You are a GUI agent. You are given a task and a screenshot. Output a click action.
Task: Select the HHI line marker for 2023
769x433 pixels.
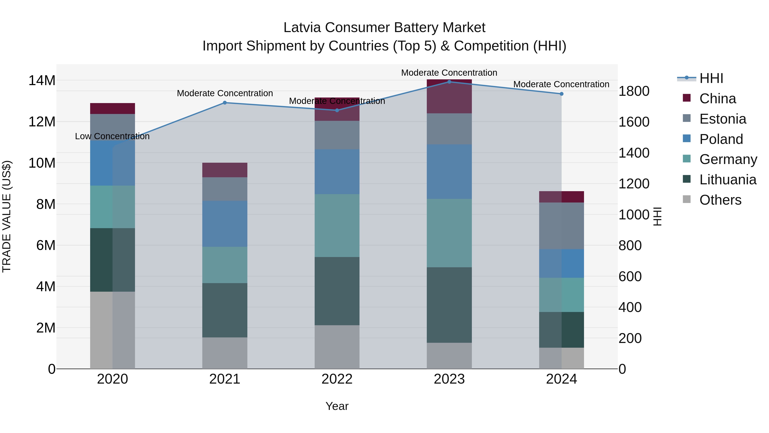point(449,82)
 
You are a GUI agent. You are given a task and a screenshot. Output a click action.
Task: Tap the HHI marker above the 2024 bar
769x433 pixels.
point(562,94)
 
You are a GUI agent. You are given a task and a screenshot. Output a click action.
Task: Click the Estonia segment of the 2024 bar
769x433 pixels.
point(562,226)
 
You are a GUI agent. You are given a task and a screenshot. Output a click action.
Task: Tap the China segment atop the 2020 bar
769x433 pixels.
point(113,108)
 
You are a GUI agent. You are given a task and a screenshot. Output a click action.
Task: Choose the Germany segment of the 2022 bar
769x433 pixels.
point(337,225)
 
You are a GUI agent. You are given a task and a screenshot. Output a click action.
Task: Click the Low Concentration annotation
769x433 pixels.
point(112,136)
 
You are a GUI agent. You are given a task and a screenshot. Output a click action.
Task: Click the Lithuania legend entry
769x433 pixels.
point(728,180)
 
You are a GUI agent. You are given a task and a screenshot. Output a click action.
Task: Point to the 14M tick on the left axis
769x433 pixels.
point(42,81)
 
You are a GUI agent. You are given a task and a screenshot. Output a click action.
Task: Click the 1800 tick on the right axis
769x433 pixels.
point(634,91)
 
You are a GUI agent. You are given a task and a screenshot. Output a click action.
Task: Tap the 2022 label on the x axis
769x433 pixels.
point(337,379)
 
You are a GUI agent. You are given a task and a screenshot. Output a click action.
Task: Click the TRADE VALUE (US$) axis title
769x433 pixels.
point(7,216)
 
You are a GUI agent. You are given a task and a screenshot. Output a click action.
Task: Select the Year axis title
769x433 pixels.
point(337,406)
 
